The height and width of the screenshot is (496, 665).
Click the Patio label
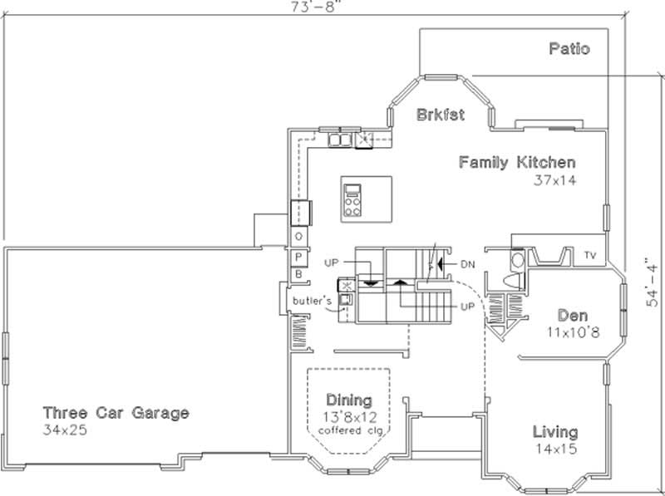[x=569, y=49]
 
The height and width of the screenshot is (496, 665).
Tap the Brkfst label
[x=440, y=114]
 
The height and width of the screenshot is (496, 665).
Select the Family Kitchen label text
[x=517, y=163]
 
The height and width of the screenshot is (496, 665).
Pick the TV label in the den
[x=591, y=254]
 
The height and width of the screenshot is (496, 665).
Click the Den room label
[x=573, y=316]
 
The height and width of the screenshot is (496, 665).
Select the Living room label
[x=555, y=432]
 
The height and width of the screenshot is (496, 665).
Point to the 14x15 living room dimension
[x=555, y=449]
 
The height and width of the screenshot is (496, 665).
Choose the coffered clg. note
[x=348, y=430]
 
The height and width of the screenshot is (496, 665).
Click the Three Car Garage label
[x=116, y=413]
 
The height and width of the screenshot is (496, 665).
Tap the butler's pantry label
[x=312, y=299]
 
